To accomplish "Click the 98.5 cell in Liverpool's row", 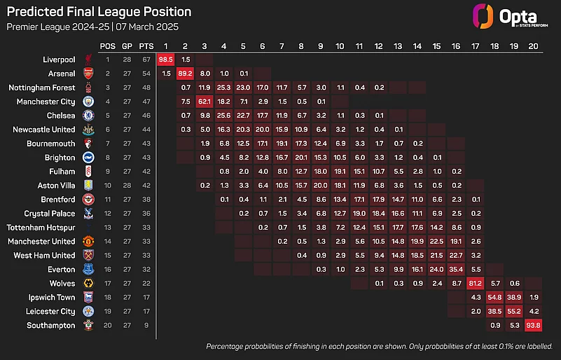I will [x=166, y=60].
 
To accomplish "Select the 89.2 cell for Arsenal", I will [x=186, y=74].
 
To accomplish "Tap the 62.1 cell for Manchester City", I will [x=205, y=102].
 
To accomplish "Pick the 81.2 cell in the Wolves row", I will [x=476, y=283].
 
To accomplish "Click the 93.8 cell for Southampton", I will [x=532, y=325].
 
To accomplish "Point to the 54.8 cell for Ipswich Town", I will [x=494, y=297].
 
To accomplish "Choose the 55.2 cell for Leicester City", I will [x=513, y=311].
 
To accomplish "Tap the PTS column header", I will [x=146, y=46].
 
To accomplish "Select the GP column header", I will [x=127, y=46].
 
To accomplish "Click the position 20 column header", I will [x=532, y=46].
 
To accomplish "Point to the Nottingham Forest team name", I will [x=41, y=88].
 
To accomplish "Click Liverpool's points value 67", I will [x=146, y=60].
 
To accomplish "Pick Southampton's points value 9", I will [x=146, y=325].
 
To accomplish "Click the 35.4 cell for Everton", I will [x=456, y=269].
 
